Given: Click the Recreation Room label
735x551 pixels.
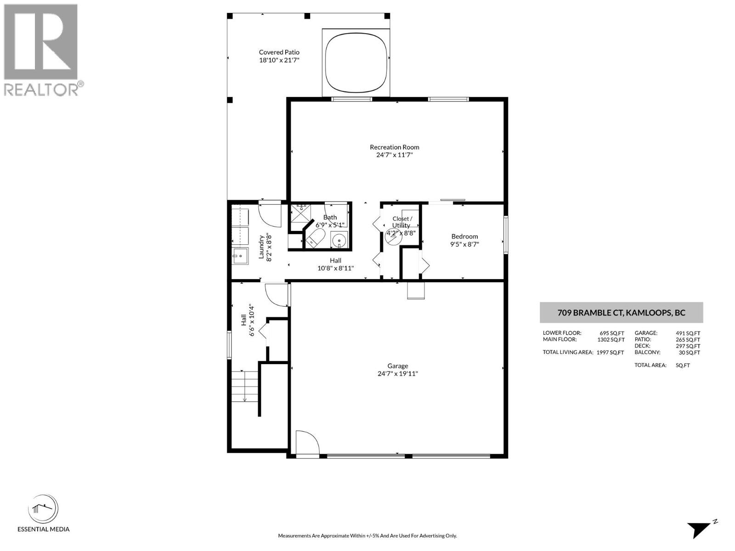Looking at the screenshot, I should point(394,147).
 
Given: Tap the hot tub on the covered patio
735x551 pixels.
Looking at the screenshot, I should point(356,62).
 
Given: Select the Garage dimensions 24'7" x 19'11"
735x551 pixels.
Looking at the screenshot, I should point(397,374).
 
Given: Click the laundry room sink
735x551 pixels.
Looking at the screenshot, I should point(239,256).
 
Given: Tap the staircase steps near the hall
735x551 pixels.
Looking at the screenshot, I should point(244,386).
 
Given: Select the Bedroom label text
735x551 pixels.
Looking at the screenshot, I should point(464,236).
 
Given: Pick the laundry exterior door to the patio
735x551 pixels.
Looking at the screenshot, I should point(270,214).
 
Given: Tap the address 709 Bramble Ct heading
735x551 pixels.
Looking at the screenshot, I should point(621,313).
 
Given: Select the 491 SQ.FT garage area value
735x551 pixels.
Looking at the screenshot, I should point(688,333).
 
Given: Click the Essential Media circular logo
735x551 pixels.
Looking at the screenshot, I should point(43,509).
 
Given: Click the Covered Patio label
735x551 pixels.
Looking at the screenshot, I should point(279,52).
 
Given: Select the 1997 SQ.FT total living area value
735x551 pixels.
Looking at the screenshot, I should point(610,353).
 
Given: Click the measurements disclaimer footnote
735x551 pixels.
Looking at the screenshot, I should point(367,536).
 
